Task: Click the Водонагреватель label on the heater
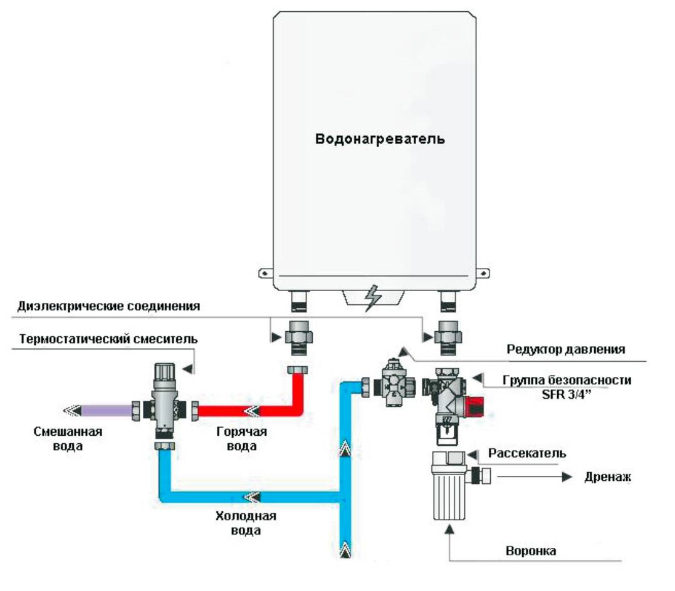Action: click(380, 138)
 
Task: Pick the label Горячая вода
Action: click(242, 439)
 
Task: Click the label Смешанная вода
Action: click(68, 439)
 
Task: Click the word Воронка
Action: click(531, 552)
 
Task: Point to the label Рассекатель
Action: click(528, 453)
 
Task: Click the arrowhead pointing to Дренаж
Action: click(568, 477)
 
